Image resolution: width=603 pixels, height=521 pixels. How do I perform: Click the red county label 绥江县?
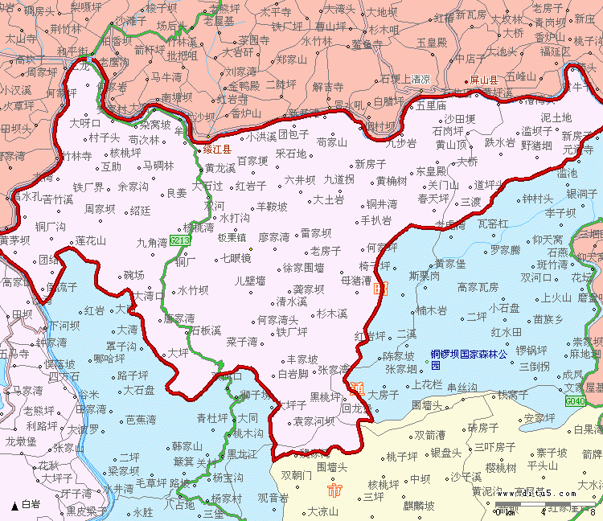point(216,150)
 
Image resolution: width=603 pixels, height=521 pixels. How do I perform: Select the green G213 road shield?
point(180,240)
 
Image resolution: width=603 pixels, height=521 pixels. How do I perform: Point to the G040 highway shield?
point(576,400)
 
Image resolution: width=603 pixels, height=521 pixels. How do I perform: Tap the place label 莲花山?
point(91,240)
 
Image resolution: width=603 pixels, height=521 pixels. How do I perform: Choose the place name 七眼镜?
point(236,258)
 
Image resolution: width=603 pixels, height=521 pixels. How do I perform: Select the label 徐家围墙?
point(304,268)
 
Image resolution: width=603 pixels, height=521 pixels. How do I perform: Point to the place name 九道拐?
point(339,179)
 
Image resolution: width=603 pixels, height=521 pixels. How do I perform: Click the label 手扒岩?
point(376,220)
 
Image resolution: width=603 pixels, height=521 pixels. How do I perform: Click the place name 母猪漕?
point(356,281)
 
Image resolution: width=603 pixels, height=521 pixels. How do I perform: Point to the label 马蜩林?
point(158,166)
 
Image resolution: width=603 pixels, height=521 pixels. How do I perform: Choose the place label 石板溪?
point(206,330)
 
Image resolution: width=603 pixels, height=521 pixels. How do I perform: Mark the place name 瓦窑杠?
point(493,223)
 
